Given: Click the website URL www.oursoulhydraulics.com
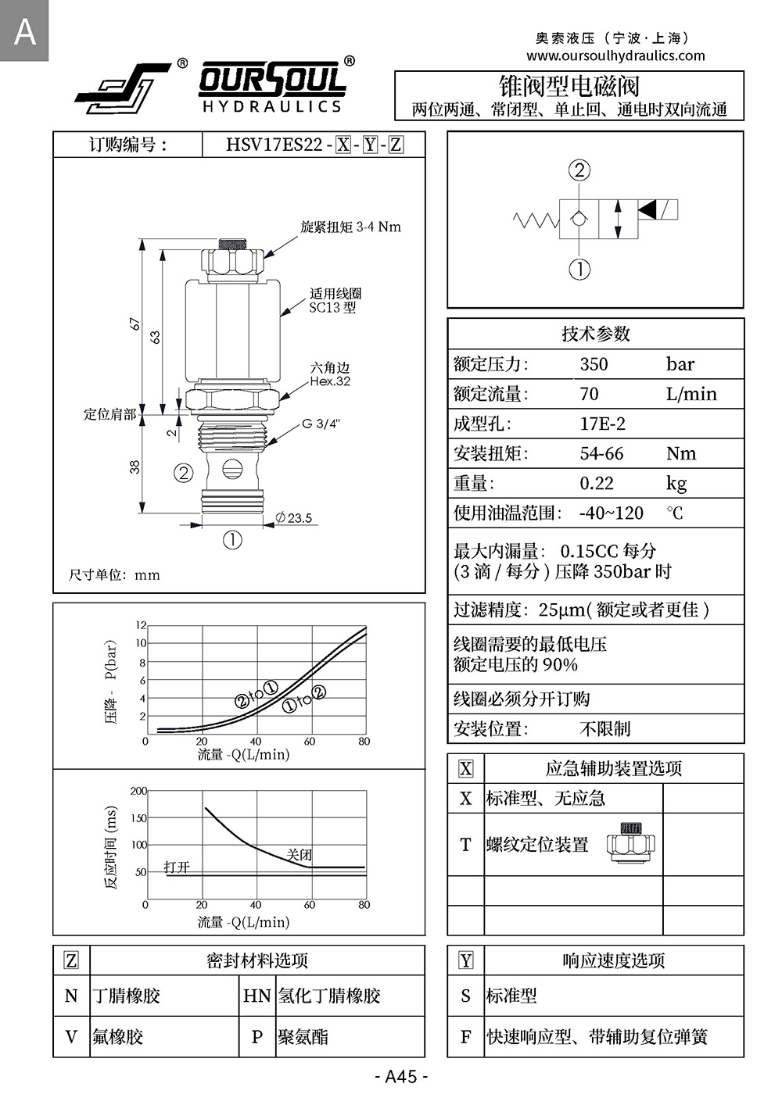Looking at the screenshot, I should click(x=615, y=55).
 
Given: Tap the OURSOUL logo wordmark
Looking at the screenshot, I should click(x=272, y=80).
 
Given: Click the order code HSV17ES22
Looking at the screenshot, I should click(x=274, y=145).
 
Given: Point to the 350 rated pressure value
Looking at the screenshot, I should click(x=594, y=364).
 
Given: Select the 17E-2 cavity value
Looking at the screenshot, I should click(x=602, y=424).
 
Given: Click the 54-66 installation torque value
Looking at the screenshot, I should click(x=601, y=453).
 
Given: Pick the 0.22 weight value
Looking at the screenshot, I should click(x=596, y=483).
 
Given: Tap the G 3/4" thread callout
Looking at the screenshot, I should click(x=321, y=424).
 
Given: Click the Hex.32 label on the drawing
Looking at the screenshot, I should click(x=330, y=381).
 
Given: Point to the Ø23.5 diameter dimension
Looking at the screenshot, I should click(x=294, y=517).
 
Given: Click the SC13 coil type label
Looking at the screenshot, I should click(x=332, y=308).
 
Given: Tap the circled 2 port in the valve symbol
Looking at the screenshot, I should click(x=579, y=170).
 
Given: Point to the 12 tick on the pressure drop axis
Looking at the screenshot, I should click(x=141, y=625).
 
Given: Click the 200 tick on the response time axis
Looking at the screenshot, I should click(x=138, y=791).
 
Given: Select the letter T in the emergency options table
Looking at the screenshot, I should click(x=465, y=845).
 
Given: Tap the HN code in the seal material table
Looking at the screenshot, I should click(x=256, y=996).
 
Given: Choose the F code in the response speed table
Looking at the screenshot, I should click(x=465, y=1037).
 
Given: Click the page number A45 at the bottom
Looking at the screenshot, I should click(x=401, y=1076).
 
